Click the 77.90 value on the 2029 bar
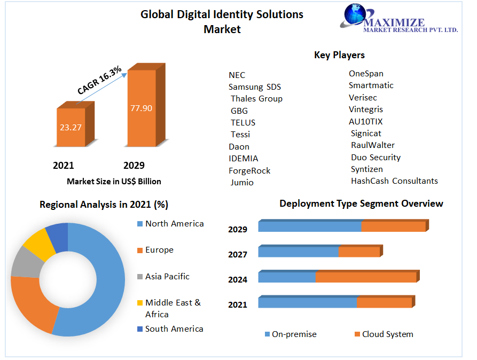(x=141, y=108)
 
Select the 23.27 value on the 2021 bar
(x=71, y=127)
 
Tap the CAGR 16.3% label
(x=99, y=81)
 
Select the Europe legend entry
(x=159, y=250)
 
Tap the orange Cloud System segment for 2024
(x=366, y=277)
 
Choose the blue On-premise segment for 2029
(x=310, y=226)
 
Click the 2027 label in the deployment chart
(x=238, y=255)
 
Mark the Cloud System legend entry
(x=387, y=334)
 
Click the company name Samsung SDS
(x=255, y=87)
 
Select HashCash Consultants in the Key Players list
(x=394, y=181)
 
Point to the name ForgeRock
(x=249, y=171)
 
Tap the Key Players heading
(x=339, y=55)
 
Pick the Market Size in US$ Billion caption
(x=114, y=182)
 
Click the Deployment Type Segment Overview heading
(x=361, y=204)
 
